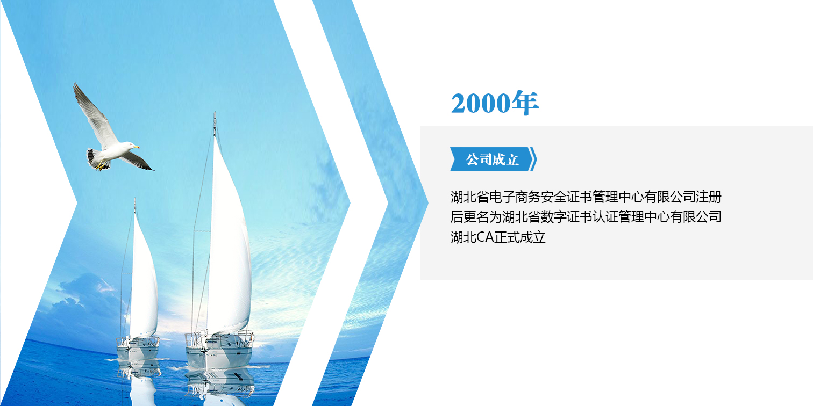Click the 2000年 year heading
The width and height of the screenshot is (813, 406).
(495, 103)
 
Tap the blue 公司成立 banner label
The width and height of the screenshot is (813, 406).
(493, 159)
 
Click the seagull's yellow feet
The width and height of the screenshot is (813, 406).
(101, 166)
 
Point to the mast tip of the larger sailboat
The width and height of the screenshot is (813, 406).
(215, 112)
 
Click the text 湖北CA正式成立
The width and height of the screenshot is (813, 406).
(498, 237)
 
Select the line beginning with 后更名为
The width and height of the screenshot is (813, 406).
(586, 217)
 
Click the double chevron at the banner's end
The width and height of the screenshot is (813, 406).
(533, 159)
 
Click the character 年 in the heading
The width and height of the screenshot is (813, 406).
(525, 103)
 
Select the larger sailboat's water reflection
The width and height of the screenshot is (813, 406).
(219, 386)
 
